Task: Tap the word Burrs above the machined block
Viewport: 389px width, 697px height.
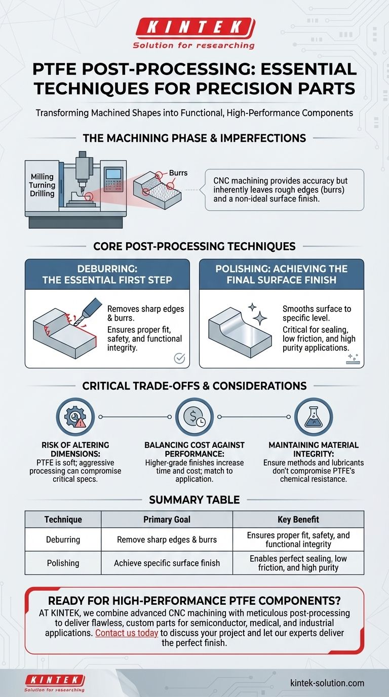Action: [177, 173]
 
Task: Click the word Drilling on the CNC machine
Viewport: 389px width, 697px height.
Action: [42, 193]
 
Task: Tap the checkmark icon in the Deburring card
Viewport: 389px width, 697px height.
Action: [179, 358]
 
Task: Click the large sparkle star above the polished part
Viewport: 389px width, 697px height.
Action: [260, 318]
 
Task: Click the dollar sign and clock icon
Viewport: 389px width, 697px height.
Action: [194, 417]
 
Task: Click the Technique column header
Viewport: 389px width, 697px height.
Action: [63, 519]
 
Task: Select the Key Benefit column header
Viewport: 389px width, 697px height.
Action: [298, 519]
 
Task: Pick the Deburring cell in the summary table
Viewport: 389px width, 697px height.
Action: [63, 539]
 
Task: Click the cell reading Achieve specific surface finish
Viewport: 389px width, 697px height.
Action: [167, 563]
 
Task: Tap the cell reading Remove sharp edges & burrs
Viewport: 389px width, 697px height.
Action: [167, 539]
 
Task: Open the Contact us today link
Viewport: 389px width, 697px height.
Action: [126, 633]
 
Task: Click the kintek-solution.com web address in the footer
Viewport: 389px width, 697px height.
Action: [327, 683]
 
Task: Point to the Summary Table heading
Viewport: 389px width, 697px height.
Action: [194, 500]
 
